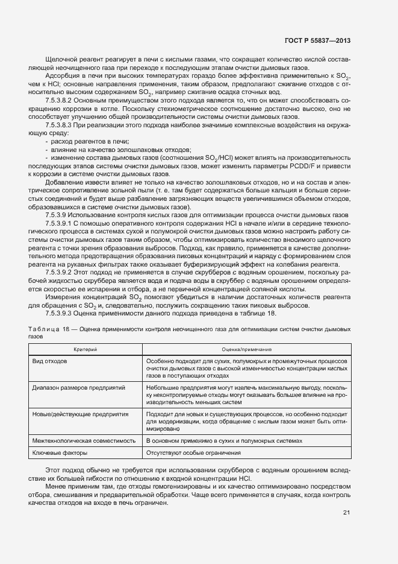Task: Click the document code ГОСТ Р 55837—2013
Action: pyautogui.click(x=317, y=41)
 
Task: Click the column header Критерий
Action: pyautogui.click(x=86, y=349)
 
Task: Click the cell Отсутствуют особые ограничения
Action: pyautogui.click(x=193, y=453)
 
